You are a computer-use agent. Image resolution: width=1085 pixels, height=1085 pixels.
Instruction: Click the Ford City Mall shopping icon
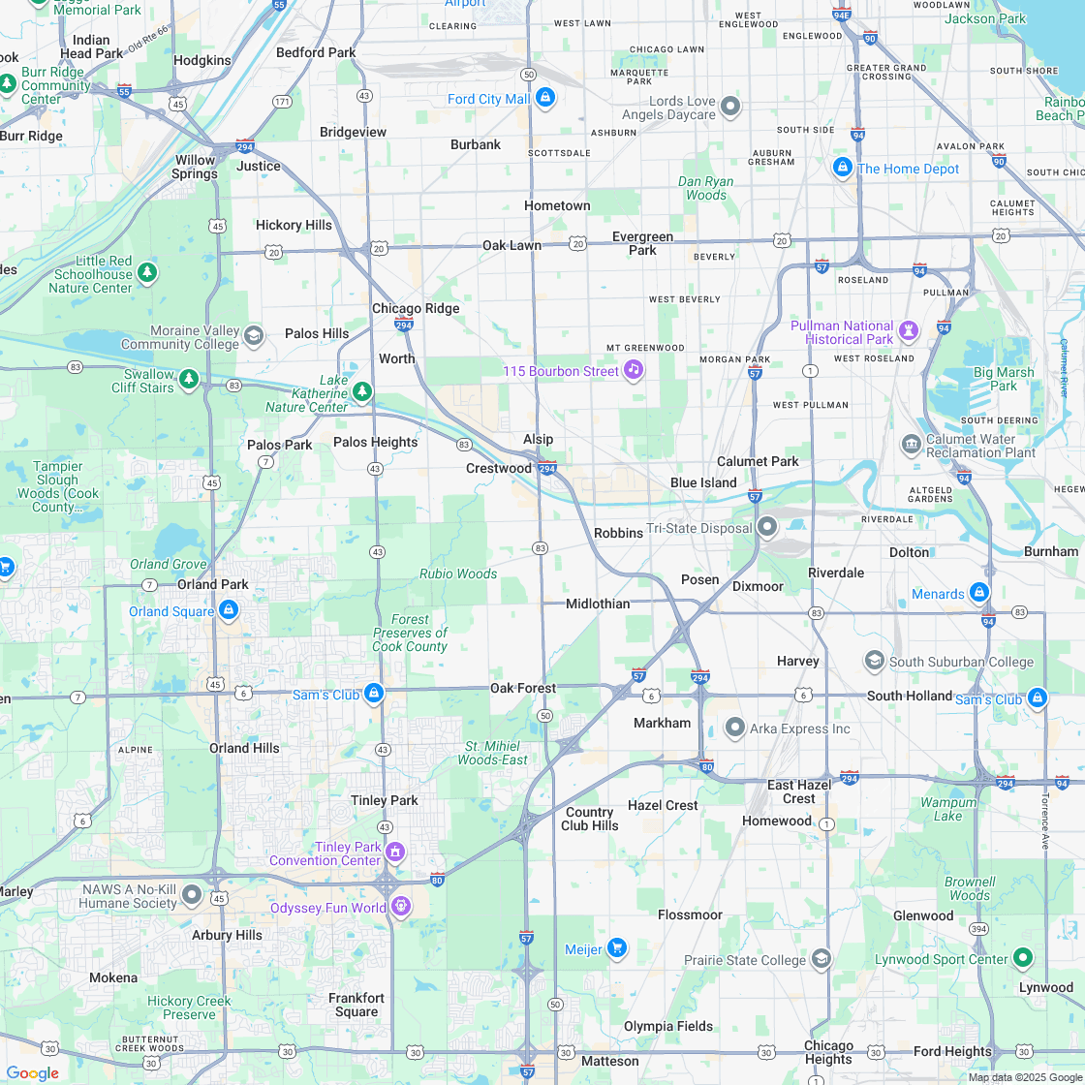click(x=544, y=99)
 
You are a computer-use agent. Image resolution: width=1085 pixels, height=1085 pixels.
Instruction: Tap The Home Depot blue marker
click(x=843, y=168)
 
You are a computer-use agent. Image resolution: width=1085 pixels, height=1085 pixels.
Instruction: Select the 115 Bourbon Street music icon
click(x=633, y=370)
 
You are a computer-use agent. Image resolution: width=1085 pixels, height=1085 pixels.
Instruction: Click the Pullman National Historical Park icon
click(x=908, y=331)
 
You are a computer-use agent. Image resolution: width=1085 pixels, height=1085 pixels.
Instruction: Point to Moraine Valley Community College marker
click(x=254, y=336)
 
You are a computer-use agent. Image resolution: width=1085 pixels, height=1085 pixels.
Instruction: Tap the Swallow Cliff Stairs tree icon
click(x=189, y=379)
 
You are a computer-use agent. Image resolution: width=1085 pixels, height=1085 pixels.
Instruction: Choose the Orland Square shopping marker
click(x=229, y=610)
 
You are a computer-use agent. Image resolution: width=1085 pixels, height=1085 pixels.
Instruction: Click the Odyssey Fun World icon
click(x=401, y=907)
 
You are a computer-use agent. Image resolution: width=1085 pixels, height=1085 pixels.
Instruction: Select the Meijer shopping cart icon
click(x=617, y=948)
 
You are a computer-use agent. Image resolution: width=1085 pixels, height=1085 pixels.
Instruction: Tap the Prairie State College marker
click(x=821, y=959)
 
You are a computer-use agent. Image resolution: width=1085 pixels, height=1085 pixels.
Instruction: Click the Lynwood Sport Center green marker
click(x=1023, y=958)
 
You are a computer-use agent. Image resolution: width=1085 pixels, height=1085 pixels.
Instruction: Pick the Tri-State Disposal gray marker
click(x=767, y=527)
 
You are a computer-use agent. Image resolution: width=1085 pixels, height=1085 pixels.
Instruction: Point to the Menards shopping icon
click(x=979, y=592)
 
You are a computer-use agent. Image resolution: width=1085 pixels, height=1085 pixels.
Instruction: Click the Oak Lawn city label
click(x=511, y=245)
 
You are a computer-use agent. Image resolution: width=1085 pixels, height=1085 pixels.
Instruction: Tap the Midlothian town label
click(x=598, y=604)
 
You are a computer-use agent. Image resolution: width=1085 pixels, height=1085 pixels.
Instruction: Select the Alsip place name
click(x=538, y=439)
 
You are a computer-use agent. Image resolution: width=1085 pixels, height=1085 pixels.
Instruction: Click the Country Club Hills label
click(x=590, y=819)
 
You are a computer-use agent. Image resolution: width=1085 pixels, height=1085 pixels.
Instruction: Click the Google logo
click(x=32, y=1072)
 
